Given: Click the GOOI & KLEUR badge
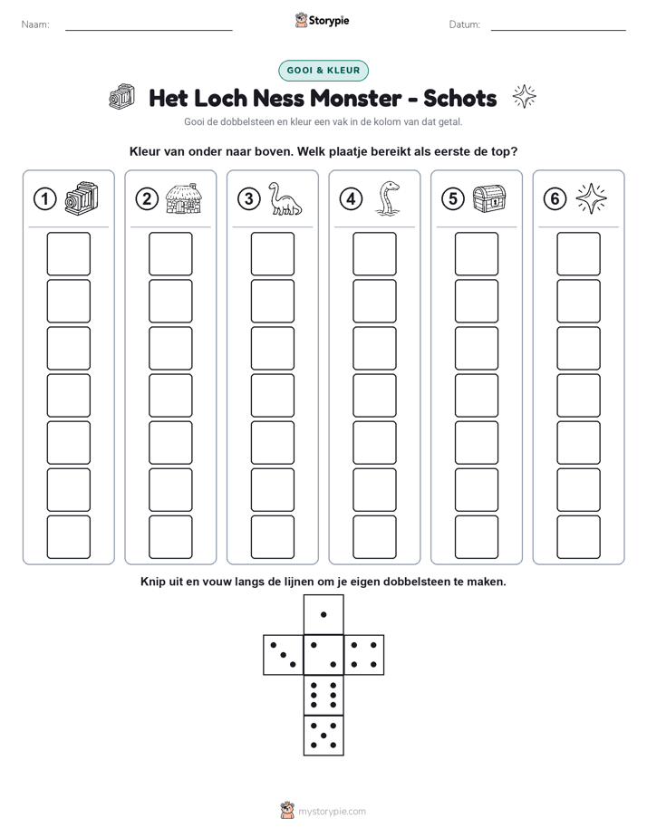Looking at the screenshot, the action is [323, 71].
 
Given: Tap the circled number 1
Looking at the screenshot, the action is [44, 199].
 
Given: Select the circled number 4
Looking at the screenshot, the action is [351, 199].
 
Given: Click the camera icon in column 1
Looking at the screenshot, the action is [82, 198].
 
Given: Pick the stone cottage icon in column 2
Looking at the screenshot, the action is [184, 198].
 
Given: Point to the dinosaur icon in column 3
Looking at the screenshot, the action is [285, 198].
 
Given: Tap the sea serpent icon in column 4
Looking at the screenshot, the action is [388, 198].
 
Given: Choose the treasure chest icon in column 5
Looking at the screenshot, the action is [489, 198].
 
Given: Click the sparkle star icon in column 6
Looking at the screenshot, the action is [592, 198].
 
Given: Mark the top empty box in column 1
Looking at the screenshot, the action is [68, 254].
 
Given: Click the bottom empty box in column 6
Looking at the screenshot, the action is [578, 537].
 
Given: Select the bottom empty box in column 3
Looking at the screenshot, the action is [272, 537].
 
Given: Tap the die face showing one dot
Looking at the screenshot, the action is [323, 614].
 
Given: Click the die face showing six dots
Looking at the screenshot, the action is [323, 695].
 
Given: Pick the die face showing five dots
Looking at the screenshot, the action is [323, 736].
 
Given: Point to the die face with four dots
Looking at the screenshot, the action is [364, 655].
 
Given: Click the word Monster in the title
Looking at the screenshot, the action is [355, 98].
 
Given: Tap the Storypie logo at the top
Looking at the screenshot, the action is [322, 20].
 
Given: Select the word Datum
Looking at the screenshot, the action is [465, 24].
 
